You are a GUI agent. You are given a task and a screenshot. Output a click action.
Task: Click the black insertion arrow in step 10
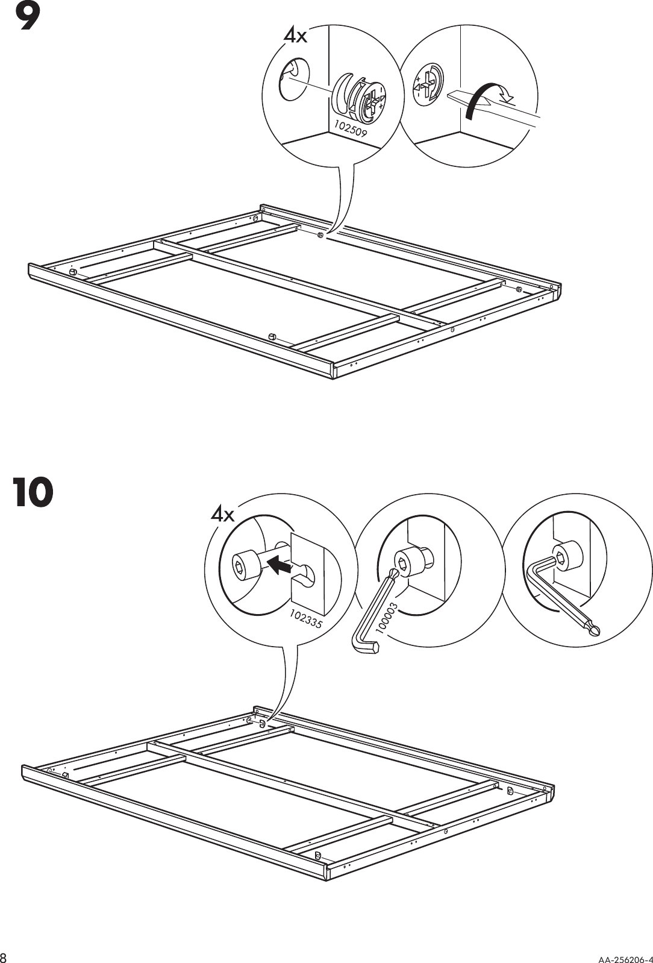tap(278, 565)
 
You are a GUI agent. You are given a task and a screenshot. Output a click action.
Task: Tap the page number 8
tap(4, 957)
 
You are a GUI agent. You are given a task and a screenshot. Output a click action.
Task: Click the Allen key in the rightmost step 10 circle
tap(560, 594)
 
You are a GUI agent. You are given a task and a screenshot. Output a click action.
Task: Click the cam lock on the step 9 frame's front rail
tap(272, 335)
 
